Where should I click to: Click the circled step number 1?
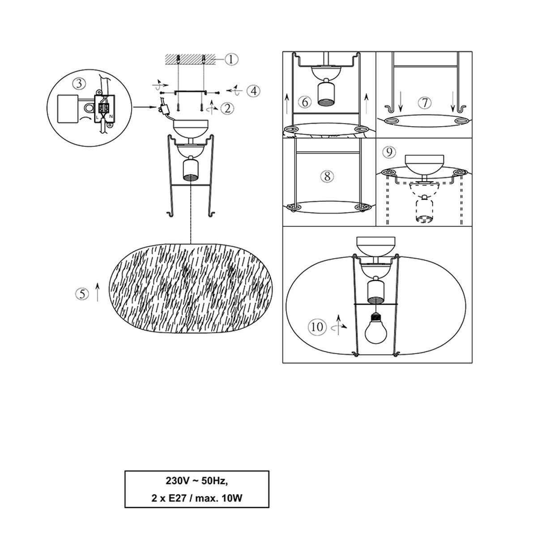tap(231, 60)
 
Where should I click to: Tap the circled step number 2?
tap(227, 108)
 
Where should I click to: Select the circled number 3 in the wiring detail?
tap(79, 84)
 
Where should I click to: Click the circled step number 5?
tap(82, 294)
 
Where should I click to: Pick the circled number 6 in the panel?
tap(305, 102)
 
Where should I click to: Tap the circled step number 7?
tap(425, 103)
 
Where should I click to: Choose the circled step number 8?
tap(327, 176)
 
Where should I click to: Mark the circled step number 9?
tap(389, 152)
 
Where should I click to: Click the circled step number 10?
tap(317, 327)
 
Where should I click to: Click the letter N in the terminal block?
tap(111, 116)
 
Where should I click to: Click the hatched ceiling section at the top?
tap(191, 60)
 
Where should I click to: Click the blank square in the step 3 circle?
tap(68, 108)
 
